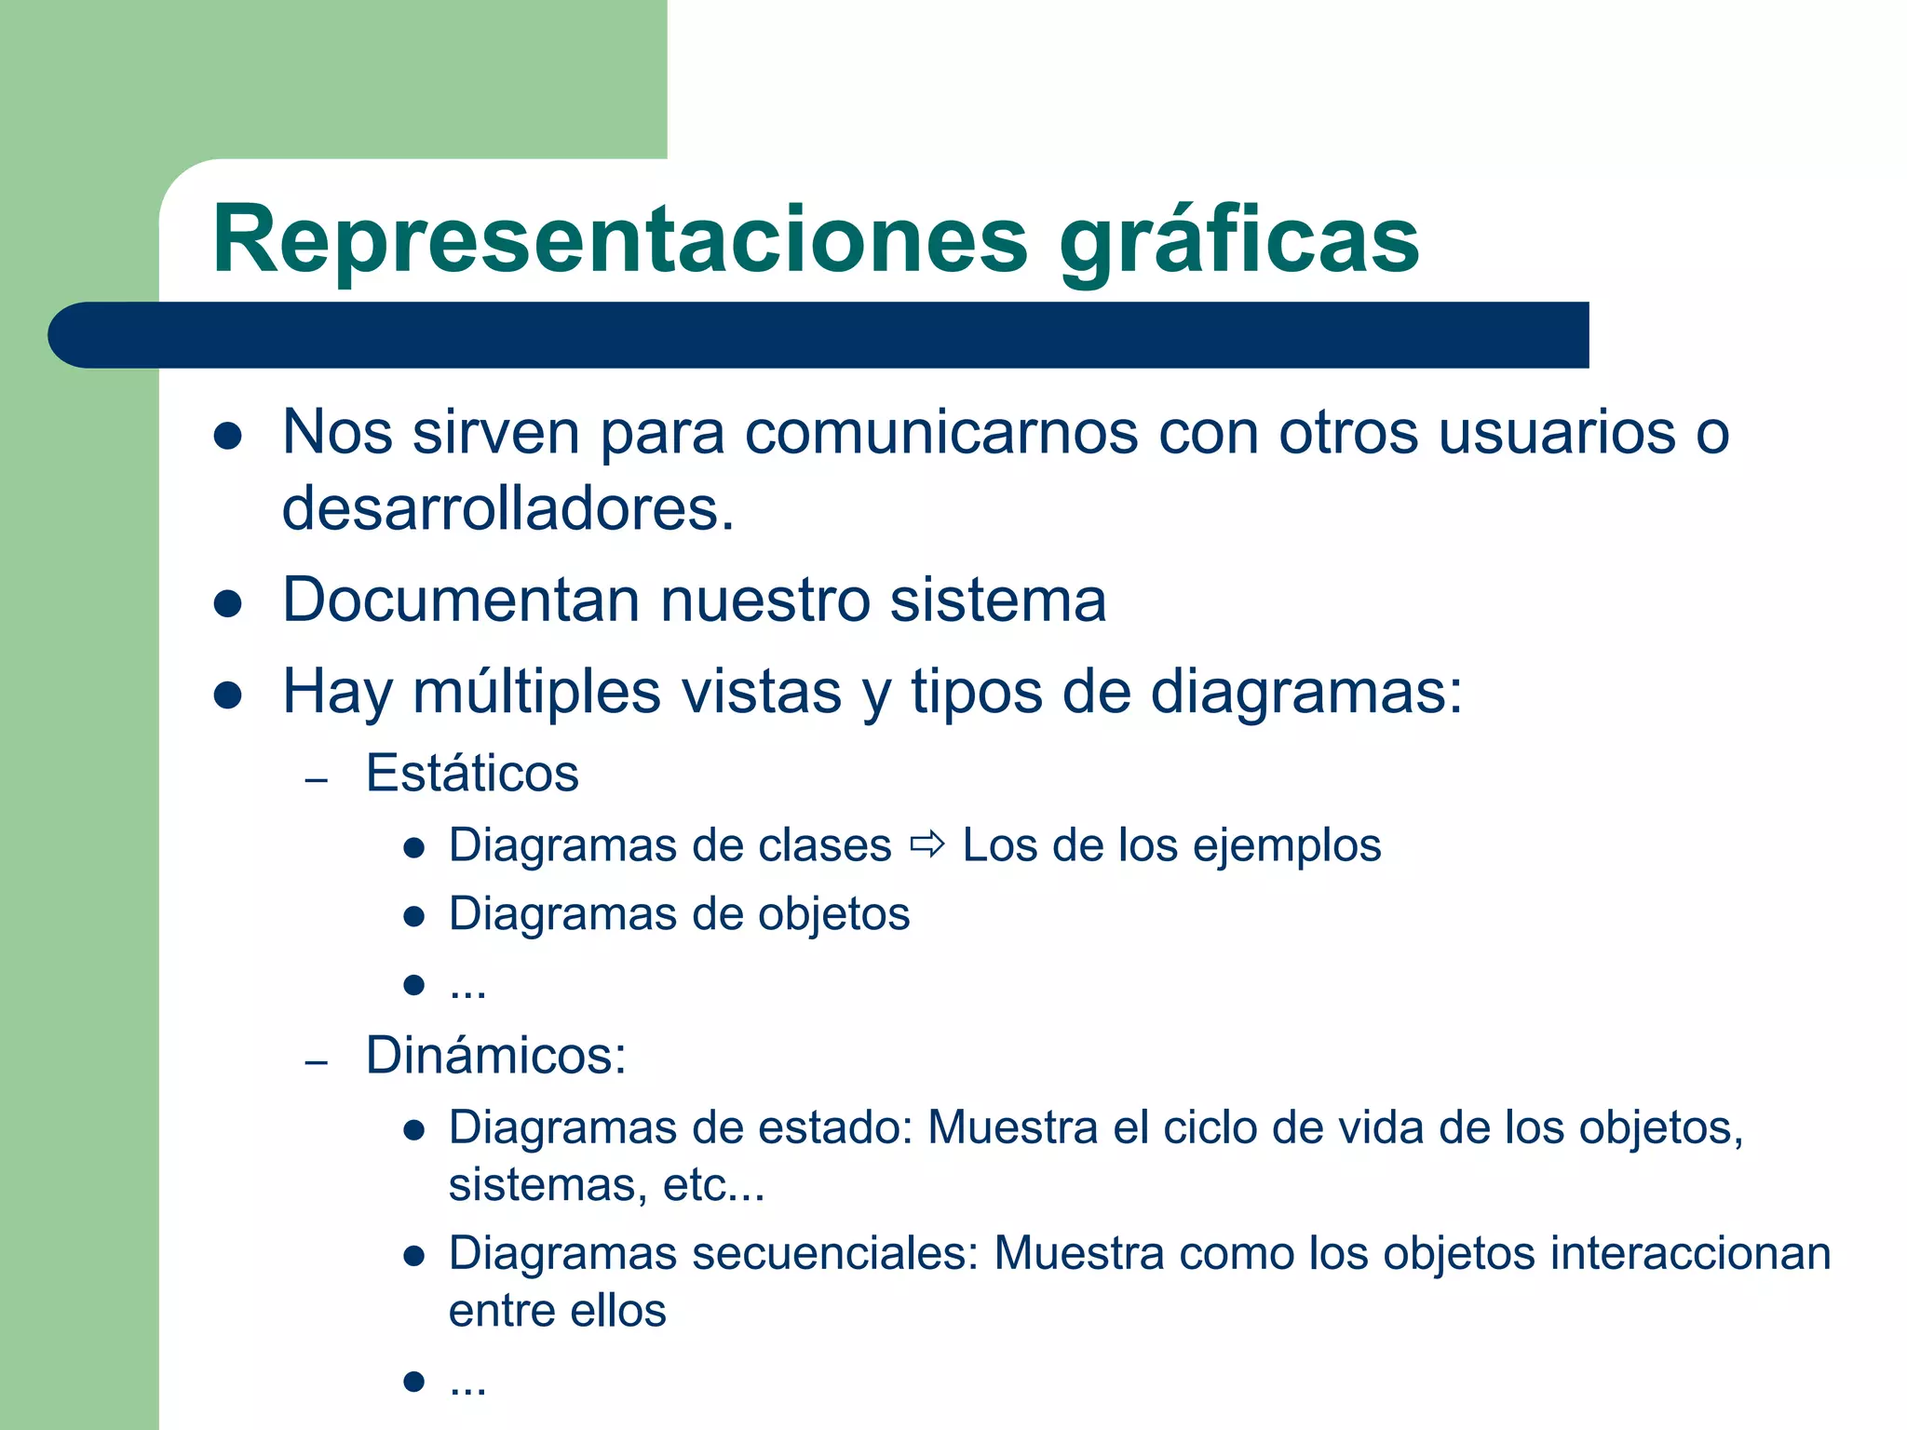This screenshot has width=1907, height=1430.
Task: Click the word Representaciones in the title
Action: tap(620, 240)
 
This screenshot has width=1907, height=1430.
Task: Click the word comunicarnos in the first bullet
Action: tap(941, 433)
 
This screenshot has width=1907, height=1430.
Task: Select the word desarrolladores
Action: tap(508, 509)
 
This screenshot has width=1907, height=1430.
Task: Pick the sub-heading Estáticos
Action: tap(472, 774)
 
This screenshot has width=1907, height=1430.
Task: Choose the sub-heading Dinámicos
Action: tap(495, 1056)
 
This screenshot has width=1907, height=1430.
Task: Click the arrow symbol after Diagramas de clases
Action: tap(927, 845)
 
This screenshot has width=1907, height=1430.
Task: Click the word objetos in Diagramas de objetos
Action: tap(833, 914)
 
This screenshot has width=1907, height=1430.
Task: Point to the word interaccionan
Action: tap(1690, 1253)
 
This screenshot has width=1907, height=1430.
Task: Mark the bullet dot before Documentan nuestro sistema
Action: tap(228, 603)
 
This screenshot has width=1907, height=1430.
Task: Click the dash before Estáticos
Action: tap(317, 779)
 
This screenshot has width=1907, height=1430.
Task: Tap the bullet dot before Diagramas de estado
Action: tap(414, 1130)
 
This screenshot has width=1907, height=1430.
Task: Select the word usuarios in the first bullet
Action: tap(1557, 433)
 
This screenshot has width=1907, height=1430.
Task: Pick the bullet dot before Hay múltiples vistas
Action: tap(228, 695)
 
